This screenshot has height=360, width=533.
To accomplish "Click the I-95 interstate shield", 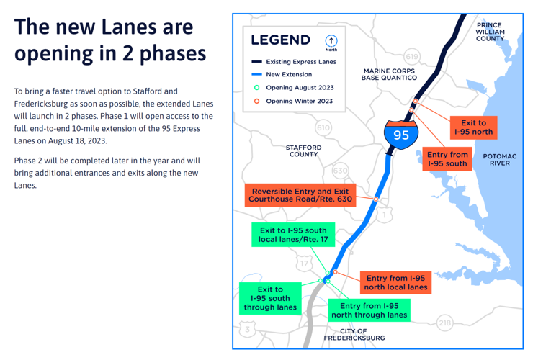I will click(x=400, y=133).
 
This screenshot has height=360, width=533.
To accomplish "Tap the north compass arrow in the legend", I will click(x=331, y=42).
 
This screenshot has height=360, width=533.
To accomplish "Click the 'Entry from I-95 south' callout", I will click(x=447, y=159).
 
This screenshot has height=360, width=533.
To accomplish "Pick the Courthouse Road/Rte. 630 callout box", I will click(x=300, y=194).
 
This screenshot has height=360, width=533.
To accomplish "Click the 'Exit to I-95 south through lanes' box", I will click(x=270, y=298).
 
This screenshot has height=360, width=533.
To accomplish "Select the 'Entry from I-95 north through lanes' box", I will click(x=369, y=310).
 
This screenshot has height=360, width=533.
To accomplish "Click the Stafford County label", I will click(x=303, y=150).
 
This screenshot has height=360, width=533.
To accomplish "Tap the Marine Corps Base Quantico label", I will click(x=390, y=74).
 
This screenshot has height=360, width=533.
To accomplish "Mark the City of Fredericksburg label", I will click(x=354, y=334).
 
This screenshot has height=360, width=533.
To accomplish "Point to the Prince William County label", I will click(x=490, y=32).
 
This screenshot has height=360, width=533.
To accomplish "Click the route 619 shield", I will click(x=411, y=56).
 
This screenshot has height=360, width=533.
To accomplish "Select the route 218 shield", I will click(x=445, y=323).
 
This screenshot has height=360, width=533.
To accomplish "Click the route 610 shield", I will click(x=323, y=127).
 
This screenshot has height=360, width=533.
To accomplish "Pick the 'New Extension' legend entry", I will click(x=288, y=75).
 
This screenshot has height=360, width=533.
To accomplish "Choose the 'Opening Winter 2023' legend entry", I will click(x=299, y=102).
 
